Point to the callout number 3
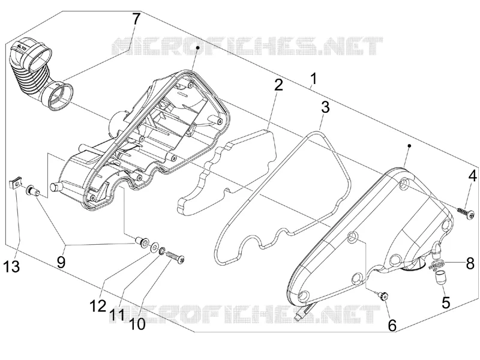(x=325, y=107)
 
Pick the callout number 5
(x=446, y=302)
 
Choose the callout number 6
(x=392, y=325)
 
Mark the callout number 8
(x=470, y=263)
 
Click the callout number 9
(x=61, y=262)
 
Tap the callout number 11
(x=117, y=315)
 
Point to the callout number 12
(x=98, y=306)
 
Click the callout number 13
(x=11, y=266)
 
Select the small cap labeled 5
(x=438, y=278)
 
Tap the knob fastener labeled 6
(x=382, y=296)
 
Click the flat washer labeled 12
(x=154, y=247)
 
